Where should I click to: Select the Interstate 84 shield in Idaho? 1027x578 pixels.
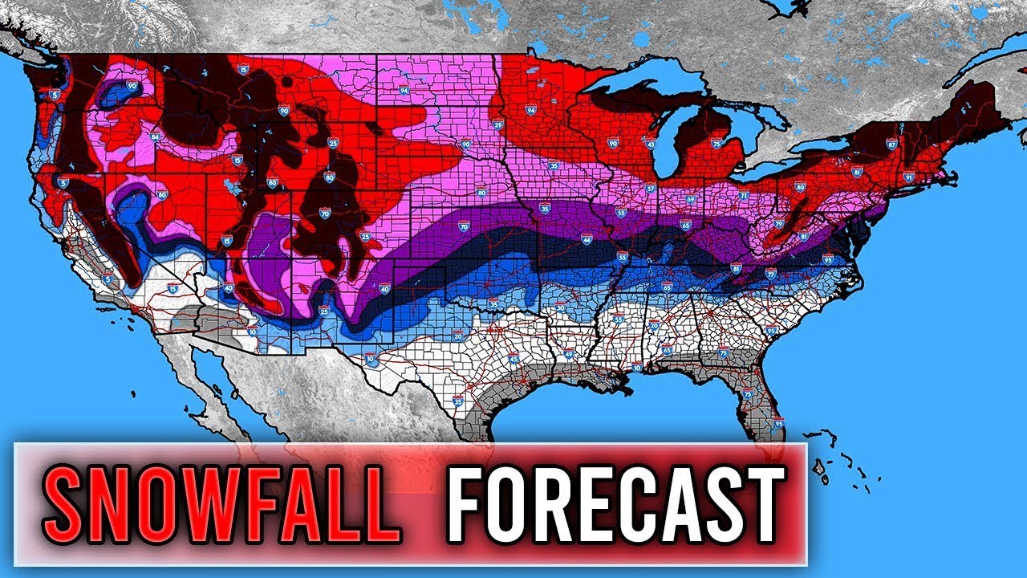click(x=155, y=137)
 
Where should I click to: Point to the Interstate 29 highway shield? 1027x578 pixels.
click(x=498, y=124)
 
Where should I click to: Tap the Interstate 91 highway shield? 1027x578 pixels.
click(x=908, y=177)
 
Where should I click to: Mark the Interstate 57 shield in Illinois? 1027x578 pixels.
click(x=650, y=189)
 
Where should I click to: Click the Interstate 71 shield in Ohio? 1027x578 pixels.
click(x=743, y=195)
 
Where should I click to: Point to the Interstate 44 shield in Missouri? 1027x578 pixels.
click(x=587, y=239)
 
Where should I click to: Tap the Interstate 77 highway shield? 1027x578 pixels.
click(x=770, y=274)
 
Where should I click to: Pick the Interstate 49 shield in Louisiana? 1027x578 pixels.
click(x=568, y=353)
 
